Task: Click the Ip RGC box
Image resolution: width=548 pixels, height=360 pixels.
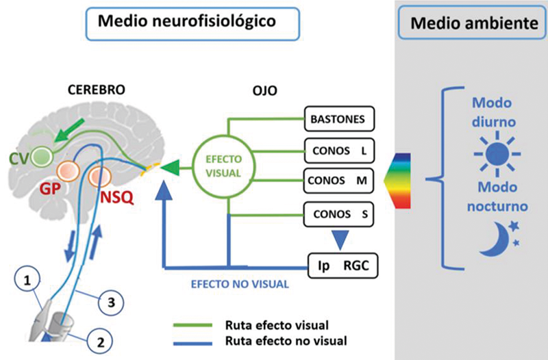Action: (x=340, y=263)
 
